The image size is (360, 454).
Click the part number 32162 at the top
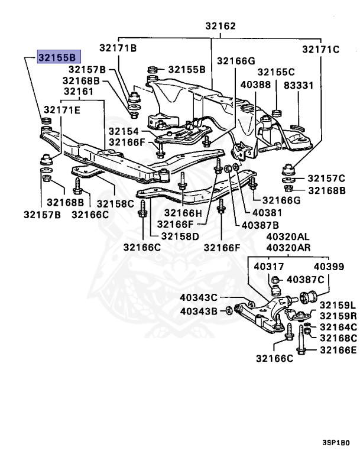pos(220,26)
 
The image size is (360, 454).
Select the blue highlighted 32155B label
pos(57,57)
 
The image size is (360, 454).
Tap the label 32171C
pos(321,49)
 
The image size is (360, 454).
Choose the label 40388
pos(255,85)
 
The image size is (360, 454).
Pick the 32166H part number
pos(183,213)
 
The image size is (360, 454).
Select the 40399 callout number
pos(329,267)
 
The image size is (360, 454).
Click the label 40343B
pos(199,311)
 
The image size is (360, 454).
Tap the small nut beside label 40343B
pos(228,310)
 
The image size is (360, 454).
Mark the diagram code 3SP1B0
pos(336,442)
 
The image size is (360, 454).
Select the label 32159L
pos(338,305)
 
